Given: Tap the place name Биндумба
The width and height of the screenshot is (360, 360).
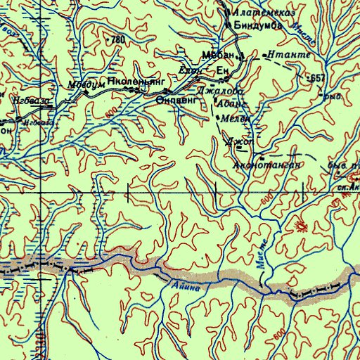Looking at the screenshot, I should [x=259, y=25].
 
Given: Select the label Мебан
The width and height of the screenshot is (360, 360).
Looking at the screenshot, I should [x=217, y=55].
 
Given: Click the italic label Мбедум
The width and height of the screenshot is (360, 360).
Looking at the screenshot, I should [x=81, y=85].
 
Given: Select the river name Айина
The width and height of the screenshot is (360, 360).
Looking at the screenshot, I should [x=186, y=286].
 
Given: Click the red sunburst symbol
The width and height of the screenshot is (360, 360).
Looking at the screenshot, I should [x=302, y=226].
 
